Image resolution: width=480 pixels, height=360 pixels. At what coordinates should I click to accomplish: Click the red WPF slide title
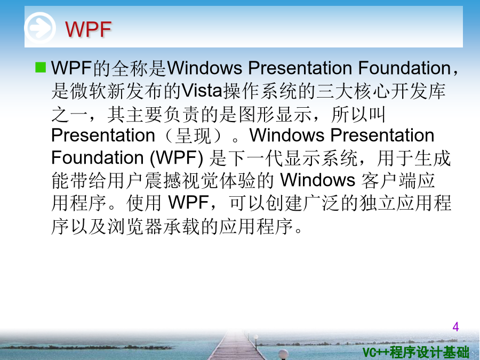[x=88, y=29]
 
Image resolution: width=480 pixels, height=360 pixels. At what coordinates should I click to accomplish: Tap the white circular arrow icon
[x=40, y=28]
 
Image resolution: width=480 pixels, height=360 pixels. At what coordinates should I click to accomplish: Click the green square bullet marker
[x=41, y=67]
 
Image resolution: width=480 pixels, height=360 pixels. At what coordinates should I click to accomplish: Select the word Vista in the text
[x=202, y=91]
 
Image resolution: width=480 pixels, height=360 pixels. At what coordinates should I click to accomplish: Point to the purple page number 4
[x=455, y=327]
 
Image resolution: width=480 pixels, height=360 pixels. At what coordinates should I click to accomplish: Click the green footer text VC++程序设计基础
[x=415, y=352]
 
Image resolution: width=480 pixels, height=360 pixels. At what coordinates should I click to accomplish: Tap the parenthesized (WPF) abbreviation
[x=177, y=158]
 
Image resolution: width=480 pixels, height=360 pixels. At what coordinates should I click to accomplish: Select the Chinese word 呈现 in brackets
[x=193, y=135]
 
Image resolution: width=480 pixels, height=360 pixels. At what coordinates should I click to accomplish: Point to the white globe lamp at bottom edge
[x=284, y=355]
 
